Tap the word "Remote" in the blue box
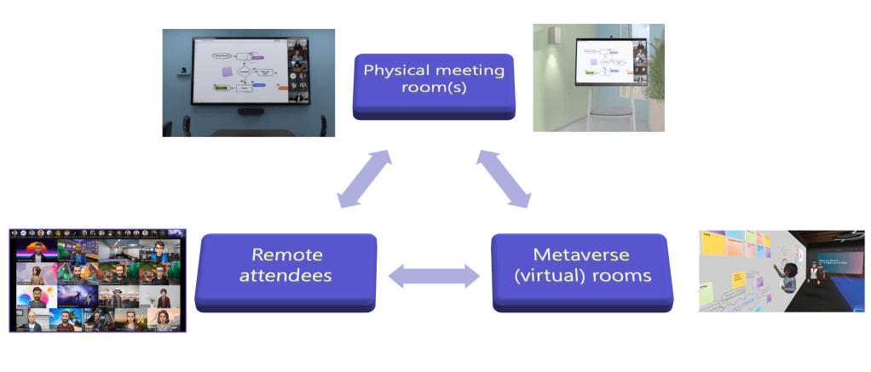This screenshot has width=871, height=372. tap(286, 255)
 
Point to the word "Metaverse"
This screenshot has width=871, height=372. tap(581, 255)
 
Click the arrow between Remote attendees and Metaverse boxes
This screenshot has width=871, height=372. tap(434, 275)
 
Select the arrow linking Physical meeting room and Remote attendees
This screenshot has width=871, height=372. tap(365, 179)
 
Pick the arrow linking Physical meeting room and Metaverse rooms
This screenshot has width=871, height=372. tap(504, 178)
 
